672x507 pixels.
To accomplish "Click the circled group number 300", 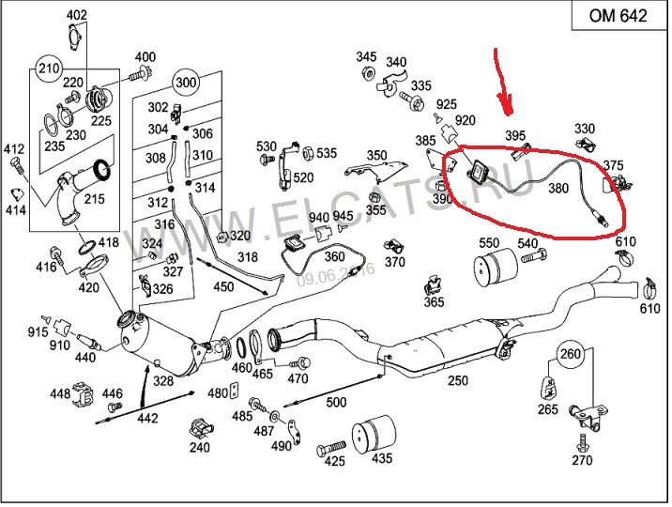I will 186,83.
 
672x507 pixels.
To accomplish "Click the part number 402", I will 77,15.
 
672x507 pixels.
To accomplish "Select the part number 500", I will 336,403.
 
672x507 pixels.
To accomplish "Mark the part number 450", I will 223,286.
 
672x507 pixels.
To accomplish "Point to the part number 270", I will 582,460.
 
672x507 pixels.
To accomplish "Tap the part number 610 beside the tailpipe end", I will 649,308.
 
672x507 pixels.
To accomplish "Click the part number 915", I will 38,333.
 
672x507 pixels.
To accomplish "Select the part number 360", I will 334,256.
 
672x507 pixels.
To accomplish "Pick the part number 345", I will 365,57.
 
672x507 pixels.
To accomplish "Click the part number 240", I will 199,448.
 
